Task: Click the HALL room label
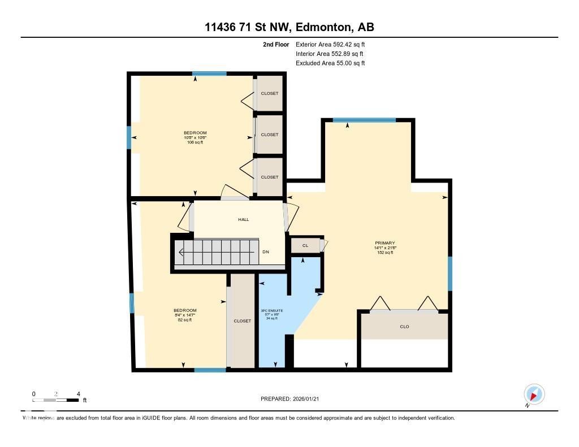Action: (x=244, y=219)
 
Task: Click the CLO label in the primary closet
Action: (x=404, y=327)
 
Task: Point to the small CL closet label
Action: (x=305, y=246)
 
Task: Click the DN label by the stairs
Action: (x=266, y=252)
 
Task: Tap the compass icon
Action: (x=534, y=394)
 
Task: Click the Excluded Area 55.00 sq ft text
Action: (x=330, y=63)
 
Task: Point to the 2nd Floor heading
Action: (x=276, y=44)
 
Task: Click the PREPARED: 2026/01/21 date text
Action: (x=293, y=399)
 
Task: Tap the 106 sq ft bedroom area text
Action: (x=195, y=142)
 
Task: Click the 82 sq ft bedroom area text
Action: (x=185, y=320)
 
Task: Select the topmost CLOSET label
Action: (x=270, y=93)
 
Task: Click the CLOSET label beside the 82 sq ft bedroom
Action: (x=242, y=321)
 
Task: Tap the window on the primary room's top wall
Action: (x=364, y=120)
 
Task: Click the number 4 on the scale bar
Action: (x=78, y=394)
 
